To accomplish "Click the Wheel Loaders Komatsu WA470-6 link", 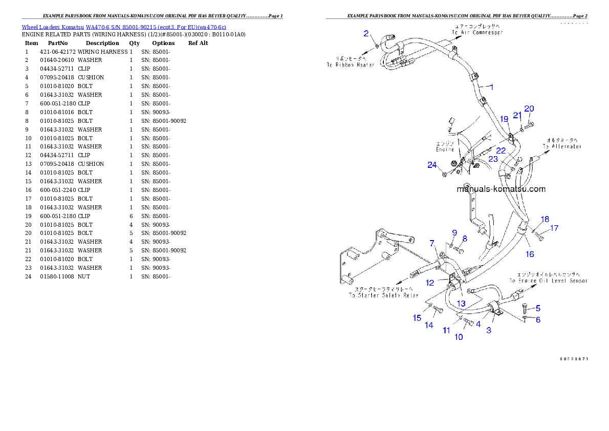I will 124,27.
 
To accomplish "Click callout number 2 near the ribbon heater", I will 366,34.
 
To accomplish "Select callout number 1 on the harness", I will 491,87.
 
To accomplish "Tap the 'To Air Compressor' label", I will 477,32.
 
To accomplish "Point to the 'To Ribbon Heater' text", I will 351,65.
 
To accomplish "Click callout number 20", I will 529,109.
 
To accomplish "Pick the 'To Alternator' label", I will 562,146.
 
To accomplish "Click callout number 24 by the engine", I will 433,165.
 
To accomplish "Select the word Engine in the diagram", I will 445,150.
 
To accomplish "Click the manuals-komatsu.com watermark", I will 501,189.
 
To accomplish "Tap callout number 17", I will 554,228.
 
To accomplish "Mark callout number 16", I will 530,254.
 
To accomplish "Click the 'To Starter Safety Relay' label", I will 383,295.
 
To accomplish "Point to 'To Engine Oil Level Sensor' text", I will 548,281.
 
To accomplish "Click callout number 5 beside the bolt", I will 538,308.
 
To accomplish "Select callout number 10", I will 459,337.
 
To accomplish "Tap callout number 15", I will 417,318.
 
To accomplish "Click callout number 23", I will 493,159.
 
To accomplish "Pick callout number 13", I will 461,304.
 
